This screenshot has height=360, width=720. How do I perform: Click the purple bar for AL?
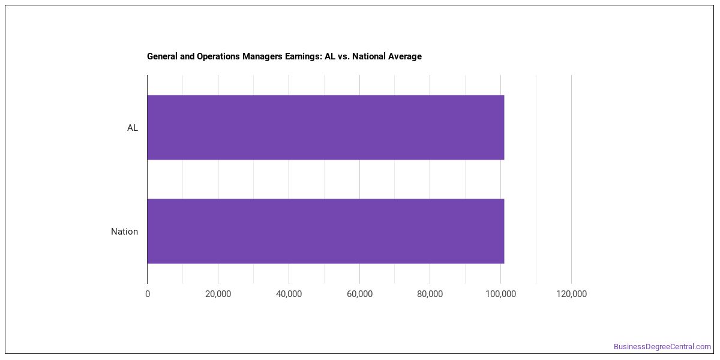(326, 127)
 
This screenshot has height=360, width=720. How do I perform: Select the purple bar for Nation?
(326, 231)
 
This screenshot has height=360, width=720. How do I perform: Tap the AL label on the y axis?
(133, 128)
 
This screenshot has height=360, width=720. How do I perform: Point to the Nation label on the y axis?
(124, 232)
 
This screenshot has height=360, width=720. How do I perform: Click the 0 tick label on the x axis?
(148, 294)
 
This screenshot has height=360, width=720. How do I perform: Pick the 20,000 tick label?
(218, 294)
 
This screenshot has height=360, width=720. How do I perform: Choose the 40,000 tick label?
(289, 294)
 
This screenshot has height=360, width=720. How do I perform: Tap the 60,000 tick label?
(359, 294)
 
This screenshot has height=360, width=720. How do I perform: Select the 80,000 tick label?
(430, 294)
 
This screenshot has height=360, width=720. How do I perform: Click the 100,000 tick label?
(501, 294)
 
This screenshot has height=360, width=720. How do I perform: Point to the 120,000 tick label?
(571, 294)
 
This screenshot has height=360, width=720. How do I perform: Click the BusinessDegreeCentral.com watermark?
(662, 347)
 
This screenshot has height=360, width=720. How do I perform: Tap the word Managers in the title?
(262, 56)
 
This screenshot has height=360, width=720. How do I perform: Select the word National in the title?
(368, 56)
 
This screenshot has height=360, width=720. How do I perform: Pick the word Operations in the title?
(218, 56)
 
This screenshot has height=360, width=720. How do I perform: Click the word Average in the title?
(404, 56)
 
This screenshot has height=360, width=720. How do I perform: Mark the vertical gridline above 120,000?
(571, 179)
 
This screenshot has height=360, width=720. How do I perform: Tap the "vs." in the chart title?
(344, 57)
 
